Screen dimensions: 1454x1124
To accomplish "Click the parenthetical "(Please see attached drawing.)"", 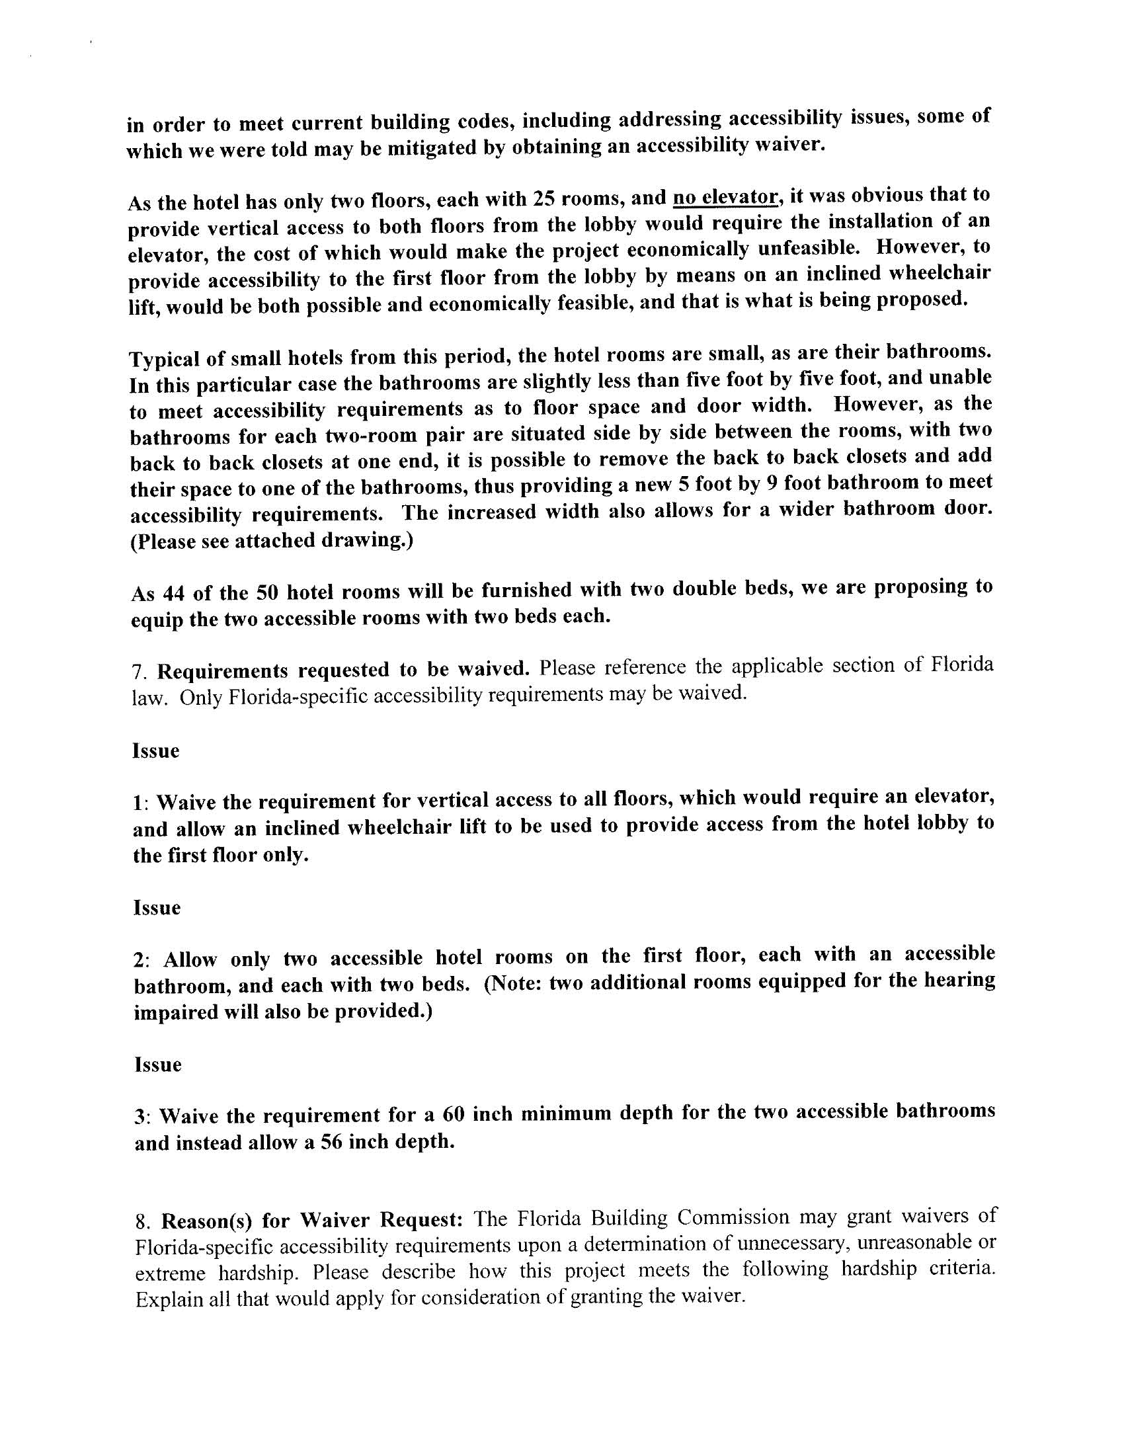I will tap(272, 540).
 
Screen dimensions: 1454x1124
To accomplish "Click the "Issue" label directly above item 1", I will tap(156, 750).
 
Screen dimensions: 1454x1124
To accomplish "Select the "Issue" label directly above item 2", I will tap(157, 907).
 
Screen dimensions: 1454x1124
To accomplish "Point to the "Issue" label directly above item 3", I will tap(158, 1065).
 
